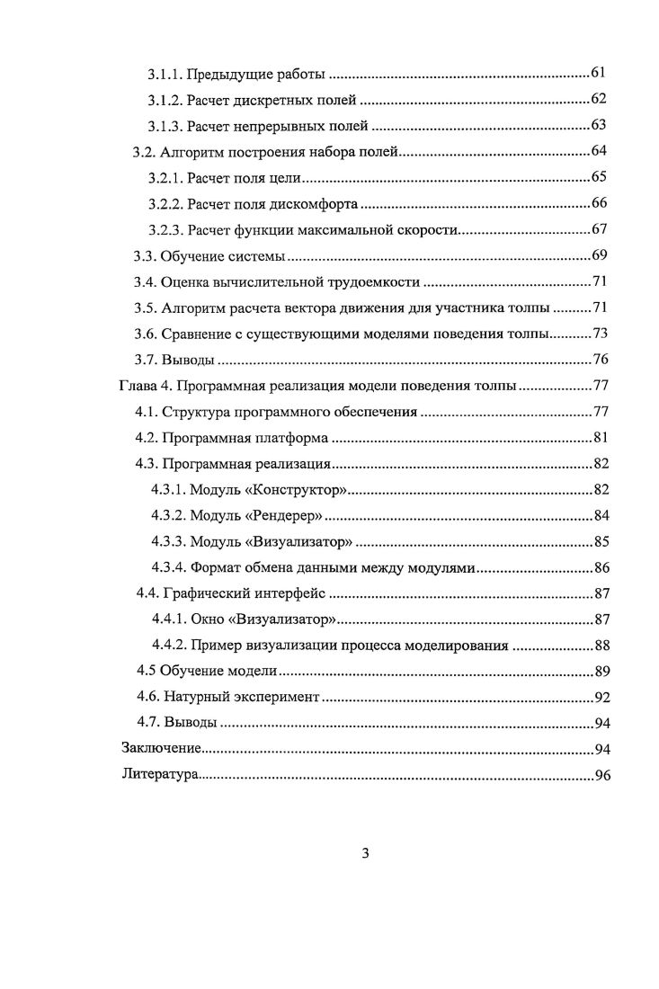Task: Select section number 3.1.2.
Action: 165,99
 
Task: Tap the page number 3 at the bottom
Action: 365,854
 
